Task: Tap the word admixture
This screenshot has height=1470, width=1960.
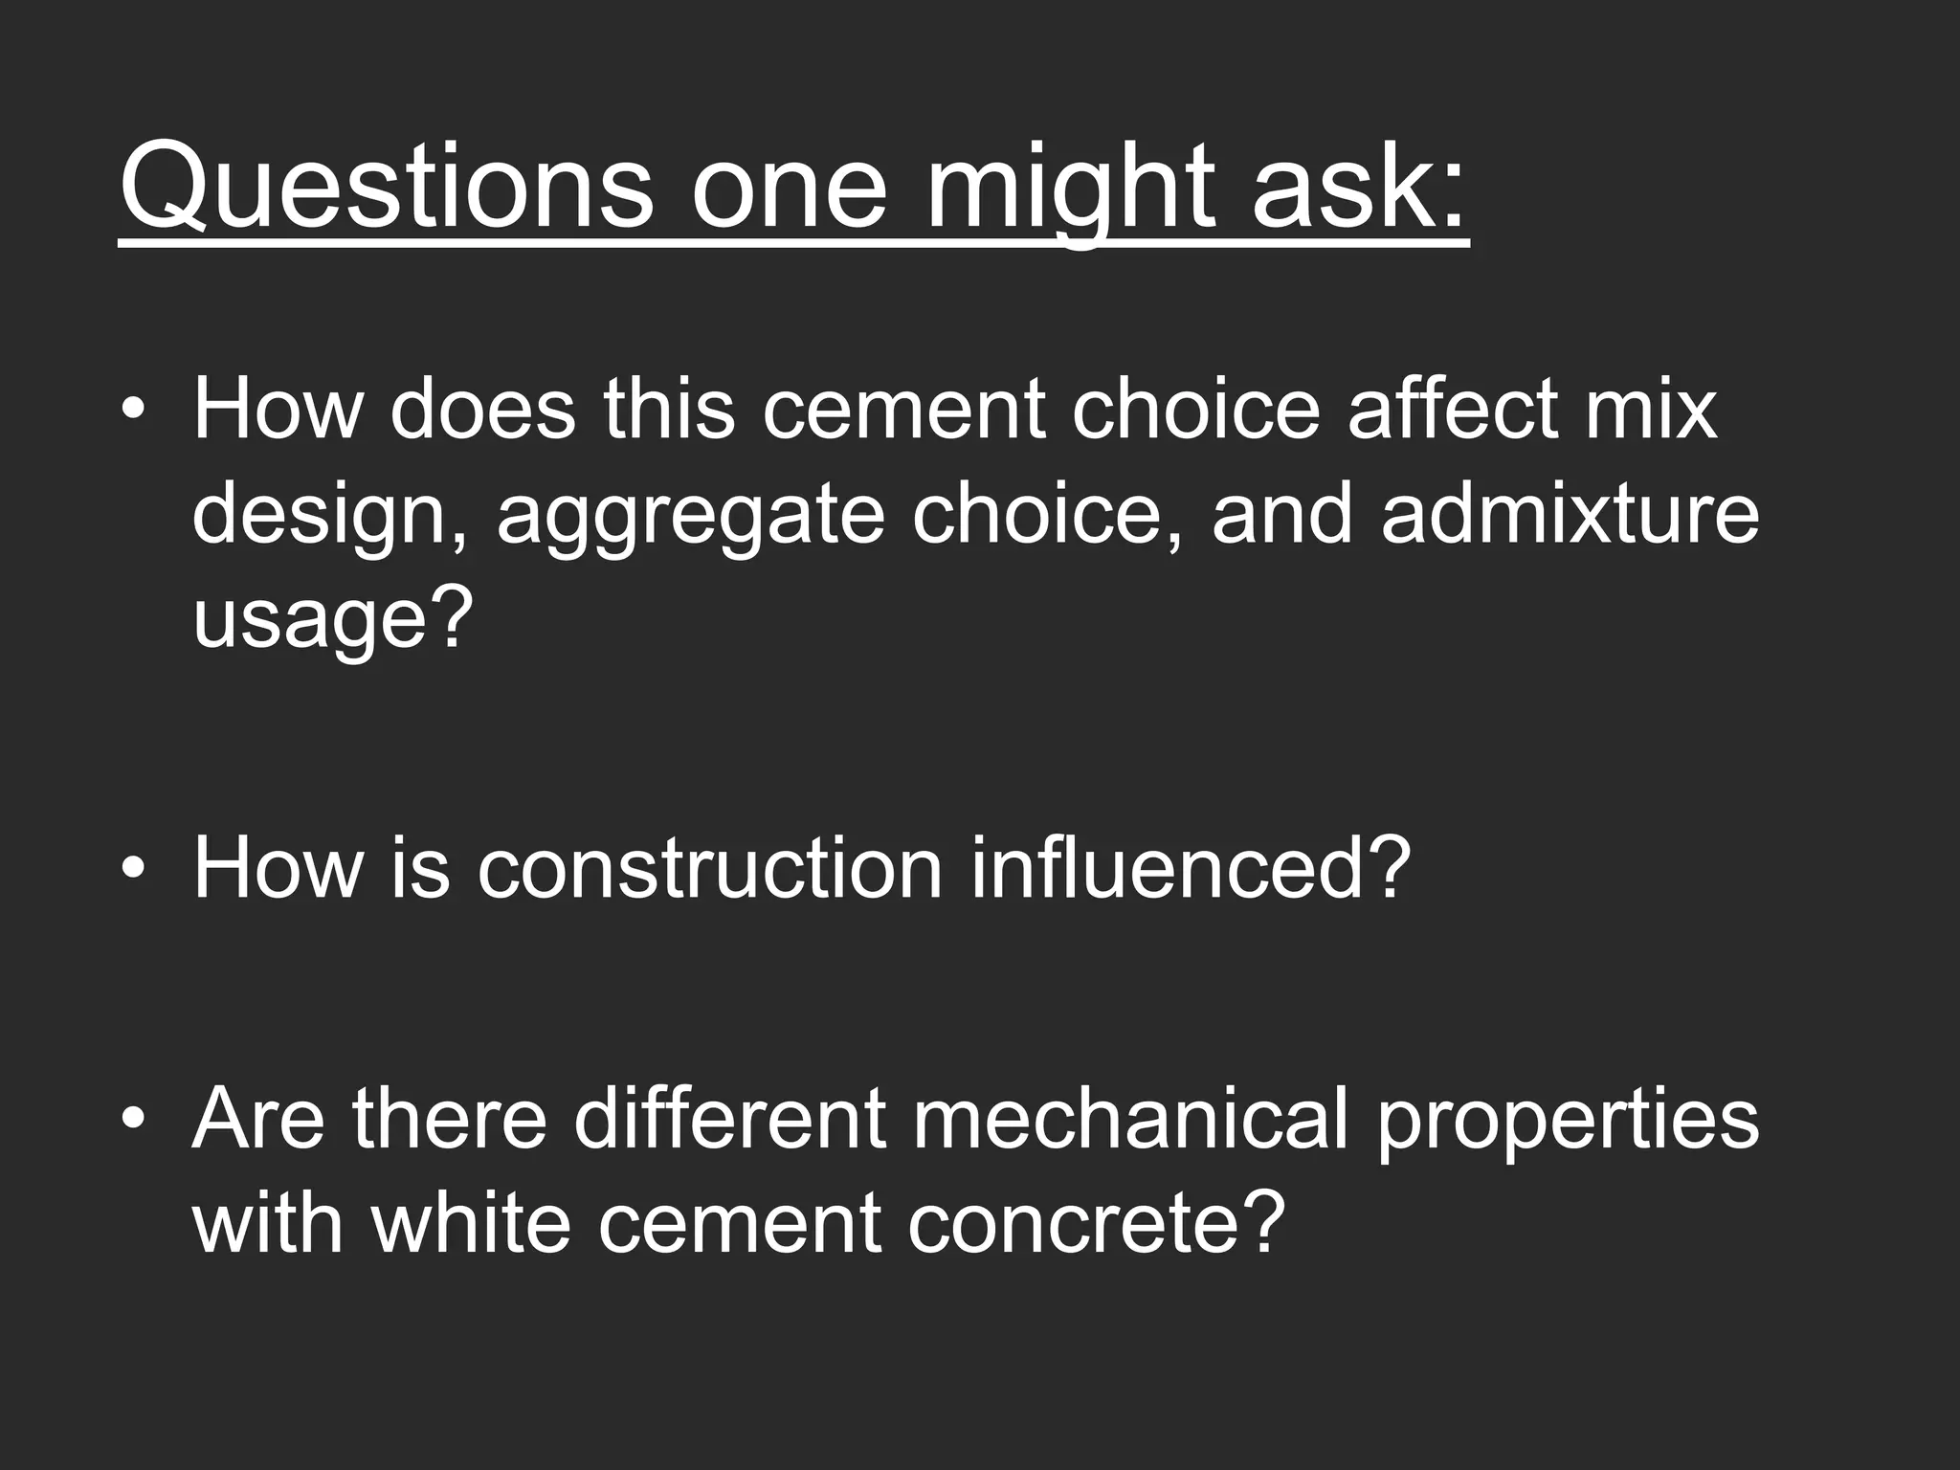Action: tap(1570, 514)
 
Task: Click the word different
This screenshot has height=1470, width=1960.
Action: tap(730, 1119)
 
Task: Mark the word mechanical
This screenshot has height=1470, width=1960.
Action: tap(1130, 1119)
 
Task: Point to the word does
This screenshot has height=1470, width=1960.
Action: tap(482, 409)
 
